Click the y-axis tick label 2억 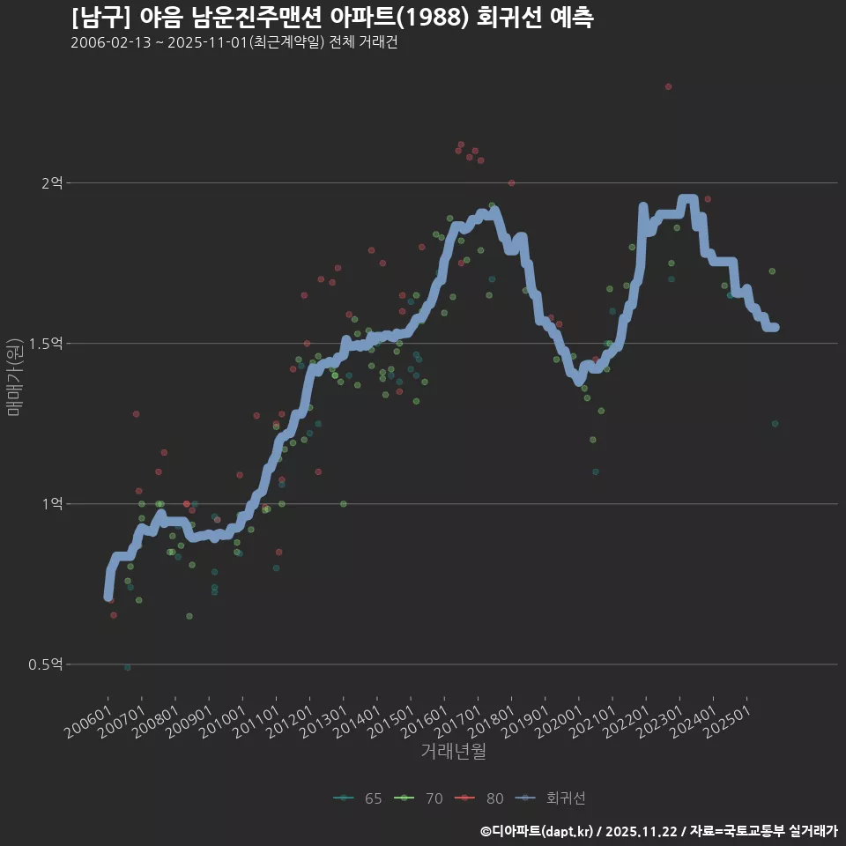(x=51, y=183)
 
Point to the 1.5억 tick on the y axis (x=46, y=344)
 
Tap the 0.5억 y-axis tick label (x=46, y=664)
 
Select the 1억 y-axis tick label (x=51, y=504)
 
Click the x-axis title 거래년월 (x=453, y=752)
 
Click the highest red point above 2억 (x=668, y=86)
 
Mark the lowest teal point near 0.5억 (x=128, y=668)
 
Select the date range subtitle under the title (x=234, y=42)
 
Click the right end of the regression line (x=774, y=327)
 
